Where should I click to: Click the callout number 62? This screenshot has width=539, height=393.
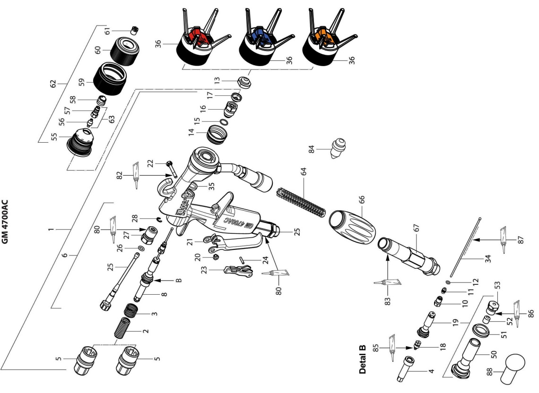coord(53,84)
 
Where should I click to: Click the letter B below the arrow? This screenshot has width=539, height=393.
coord(179,280)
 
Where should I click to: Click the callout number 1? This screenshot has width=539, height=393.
coord(50,230)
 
